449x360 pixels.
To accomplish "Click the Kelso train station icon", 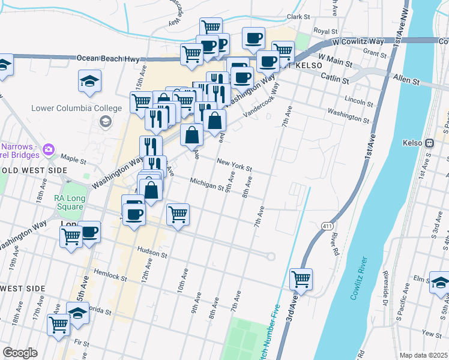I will pyautogui.click(x=429, y=143).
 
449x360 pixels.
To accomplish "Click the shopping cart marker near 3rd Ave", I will pyautogui.click(x=301, y=279).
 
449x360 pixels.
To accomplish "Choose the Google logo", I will pyautogui.click(x=20, y=353).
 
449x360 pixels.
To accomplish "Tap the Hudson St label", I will pyautogui.click(x=152, y=254).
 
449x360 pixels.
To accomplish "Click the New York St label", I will pyautogui.click(x=234, y=165).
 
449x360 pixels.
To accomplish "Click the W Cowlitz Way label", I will pyautogui.click(x=358, y=41).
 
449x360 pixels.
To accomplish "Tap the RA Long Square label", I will pyautogui.click(x=69, y=202).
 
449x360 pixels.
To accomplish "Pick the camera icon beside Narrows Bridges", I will pyautogui.click(x=49, y=149).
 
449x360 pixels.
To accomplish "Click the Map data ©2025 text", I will pyautogui.click(x=423, y=355).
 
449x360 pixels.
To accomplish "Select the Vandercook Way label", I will pyautogui.click(x=261, y=100).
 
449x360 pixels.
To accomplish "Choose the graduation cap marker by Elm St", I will pyautogui.click(x=440, y=282).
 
